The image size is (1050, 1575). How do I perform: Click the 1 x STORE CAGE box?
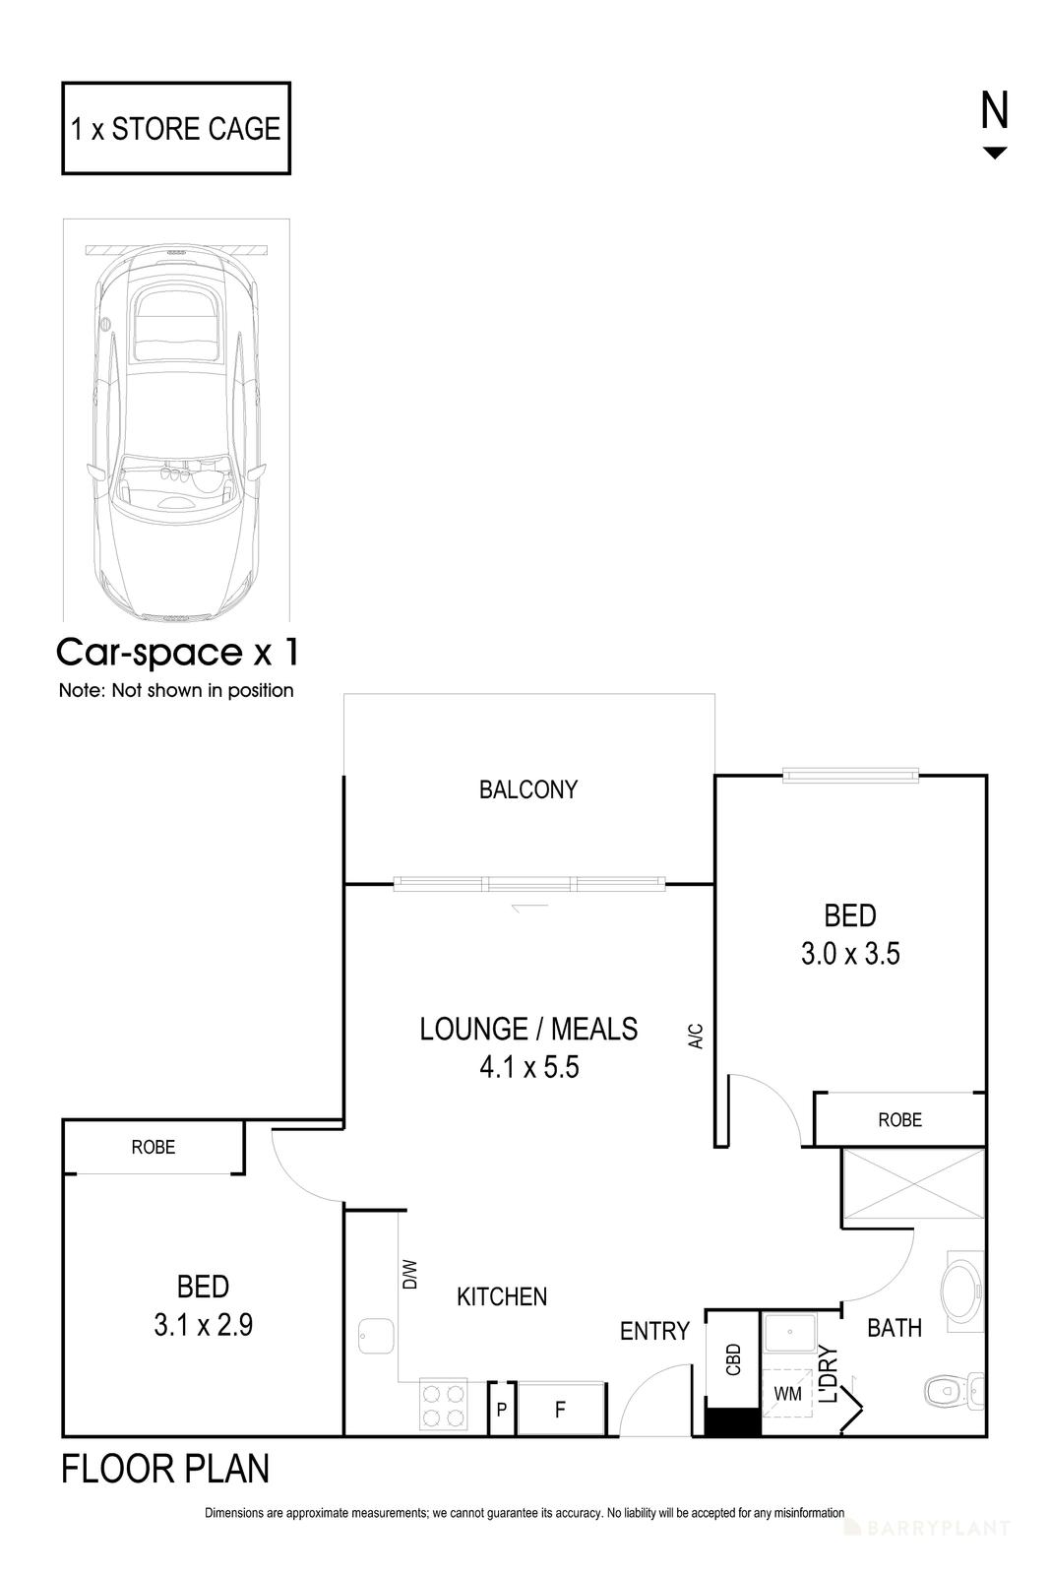pyautogui.click(x=176, y=129)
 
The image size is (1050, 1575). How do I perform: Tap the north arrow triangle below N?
pyautogui.click(x=995, y=153)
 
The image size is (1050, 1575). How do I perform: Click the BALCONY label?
pyautogui.click(x=528, y=789)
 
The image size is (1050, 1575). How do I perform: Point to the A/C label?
pyautogui.click(x=696, y=1036)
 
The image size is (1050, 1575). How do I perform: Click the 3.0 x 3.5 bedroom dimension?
pyautogui.click(x=850, y=954)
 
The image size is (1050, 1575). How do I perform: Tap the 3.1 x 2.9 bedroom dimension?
pyautogui.click(x=204, y=1325)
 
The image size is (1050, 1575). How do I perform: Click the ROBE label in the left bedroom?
pyautogui.click(x=154, y=1147)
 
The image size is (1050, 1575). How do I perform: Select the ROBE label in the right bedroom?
pyautogui.click(x=899, y=1119)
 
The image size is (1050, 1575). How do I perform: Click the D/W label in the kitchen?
pyautogui.click(x=410, y=1275)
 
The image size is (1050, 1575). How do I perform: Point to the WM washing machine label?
pyautogui.click(x=787, y=1394)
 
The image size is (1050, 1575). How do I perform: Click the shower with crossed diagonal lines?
pyautogui.click(x=912, y=1187)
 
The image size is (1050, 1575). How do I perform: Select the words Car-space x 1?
pyautogui.click(x=177, y=652)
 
